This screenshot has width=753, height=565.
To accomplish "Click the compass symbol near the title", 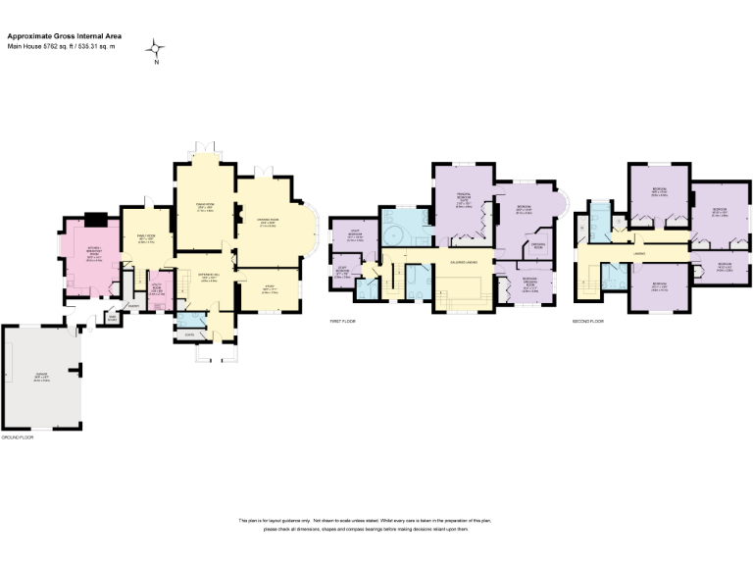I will coord(156,48).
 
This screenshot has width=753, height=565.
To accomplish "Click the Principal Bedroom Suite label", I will coord(465,203).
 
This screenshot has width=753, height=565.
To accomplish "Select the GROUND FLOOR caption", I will coord(18,437).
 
